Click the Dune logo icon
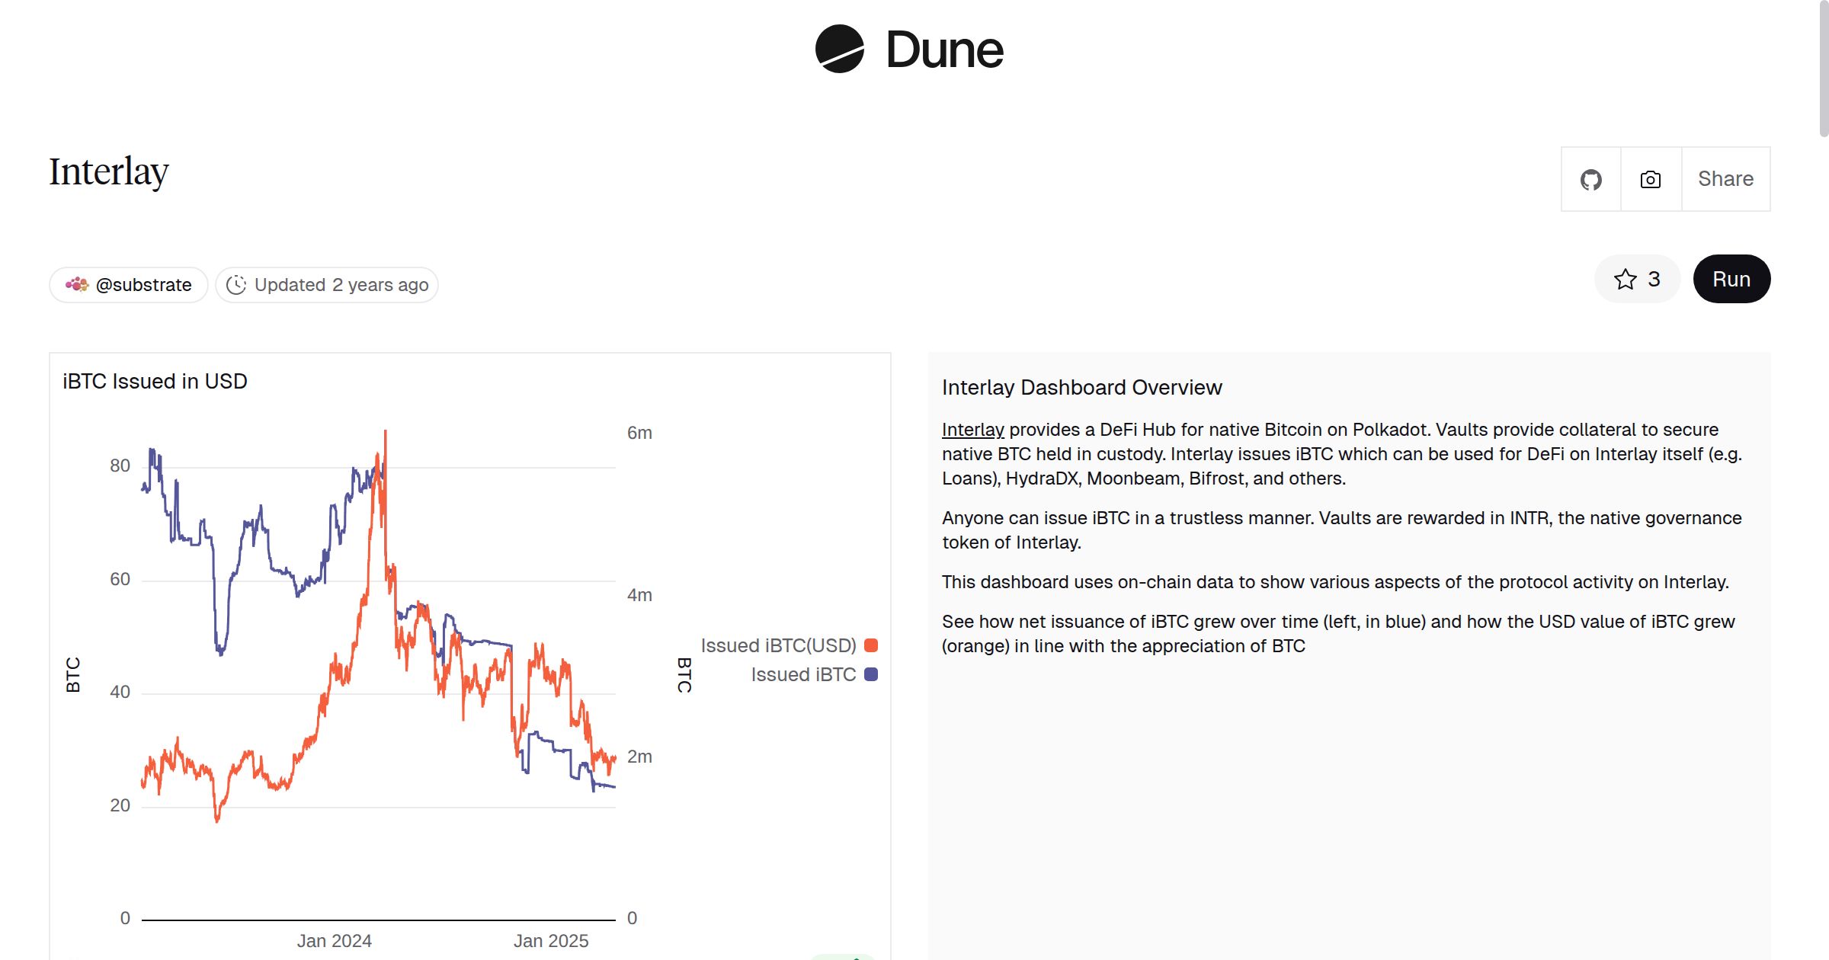839,49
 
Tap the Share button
1725,179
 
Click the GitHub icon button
1590,180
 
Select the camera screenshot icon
1651,180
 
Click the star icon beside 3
1625,279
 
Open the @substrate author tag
129,285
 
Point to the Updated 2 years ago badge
327,285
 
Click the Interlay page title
109,171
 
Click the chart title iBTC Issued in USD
155,381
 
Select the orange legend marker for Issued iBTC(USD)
871,645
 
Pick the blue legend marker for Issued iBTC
871,674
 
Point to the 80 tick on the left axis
120,466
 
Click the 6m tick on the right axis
639,433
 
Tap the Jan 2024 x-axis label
334,941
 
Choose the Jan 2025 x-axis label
550,941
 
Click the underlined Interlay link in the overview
972,430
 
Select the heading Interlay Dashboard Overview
1081,387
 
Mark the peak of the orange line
386,432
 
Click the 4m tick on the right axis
639,595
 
